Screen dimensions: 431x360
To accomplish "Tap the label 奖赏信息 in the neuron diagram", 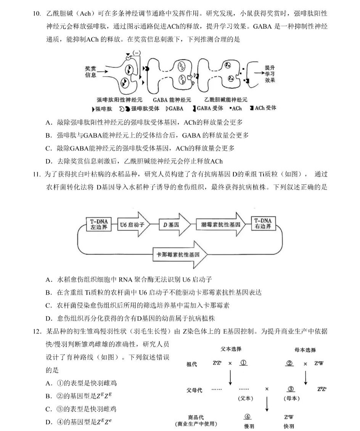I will [91, 72].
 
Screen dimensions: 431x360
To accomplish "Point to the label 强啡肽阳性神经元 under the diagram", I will [119, 100].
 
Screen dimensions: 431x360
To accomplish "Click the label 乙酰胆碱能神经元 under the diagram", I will [225, 100].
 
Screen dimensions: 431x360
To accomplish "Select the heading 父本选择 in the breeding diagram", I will [231, 349].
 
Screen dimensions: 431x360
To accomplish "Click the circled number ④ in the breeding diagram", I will [247, 417].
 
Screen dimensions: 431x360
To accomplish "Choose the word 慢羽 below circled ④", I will [249, 426].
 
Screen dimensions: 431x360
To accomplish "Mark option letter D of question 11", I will [48, 318].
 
